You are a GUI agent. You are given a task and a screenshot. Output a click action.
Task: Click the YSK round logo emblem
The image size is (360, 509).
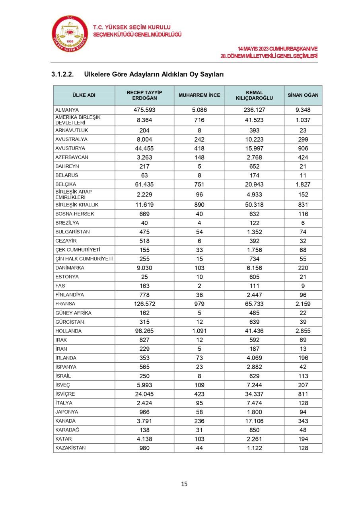coord(70,35)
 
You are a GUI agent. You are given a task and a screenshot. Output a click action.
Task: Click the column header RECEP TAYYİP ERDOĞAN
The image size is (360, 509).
coord(144,95)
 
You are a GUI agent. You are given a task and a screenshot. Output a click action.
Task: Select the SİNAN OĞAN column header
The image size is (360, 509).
coord(303,95)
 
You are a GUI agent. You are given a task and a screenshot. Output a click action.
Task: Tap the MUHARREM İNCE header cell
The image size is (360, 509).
coord(199,95)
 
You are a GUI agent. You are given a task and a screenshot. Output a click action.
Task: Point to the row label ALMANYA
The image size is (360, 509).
coord(67,110)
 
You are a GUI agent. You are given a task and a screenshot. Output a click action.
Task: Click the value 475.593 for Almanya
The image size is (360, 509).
coord(144,110)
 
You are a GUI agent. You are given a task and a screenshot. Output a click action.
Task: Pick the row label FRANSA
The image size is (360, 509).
coord(65,304)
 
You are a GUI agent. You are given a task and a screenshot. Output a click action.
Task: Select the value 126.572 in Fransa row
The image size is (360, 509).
coord(144,304)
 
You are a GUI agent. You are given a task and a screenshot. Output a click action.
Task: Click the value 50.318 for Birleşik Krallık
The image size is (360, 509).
coord(254,205)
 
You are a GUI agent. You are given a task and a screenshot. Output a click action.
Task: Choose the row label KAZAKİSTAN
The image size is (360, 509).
coord(70,448)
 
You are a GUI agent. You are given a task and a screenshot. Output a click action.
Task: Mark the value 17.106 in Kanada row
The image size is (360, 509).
coord(254,421)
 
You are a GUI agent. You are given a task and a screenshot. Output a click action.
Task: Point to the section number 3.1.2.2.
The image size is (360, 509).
coord(62,74)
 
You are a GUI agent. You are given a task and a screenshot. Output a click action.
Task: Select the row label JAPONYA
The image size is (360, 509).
coord(67,412)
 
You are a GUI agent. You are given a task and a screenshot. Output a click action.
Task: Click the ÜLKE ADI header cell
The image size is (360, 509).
coord(84,95)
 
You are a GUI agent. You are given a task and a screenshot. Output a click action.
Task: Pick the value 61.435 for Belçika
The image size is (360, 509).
coord(144,185)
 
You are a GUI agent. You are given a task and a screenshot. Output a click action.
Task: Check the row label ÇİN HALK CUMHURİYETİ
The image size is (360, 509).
coord(84,259)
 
